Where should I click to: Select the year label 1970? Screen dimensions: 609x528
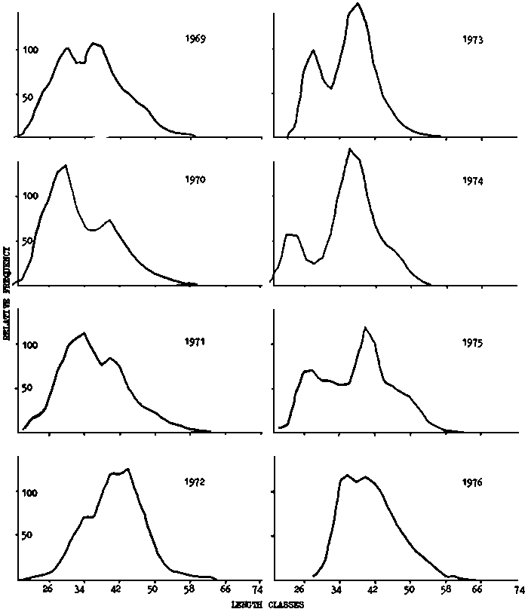coord(195,180)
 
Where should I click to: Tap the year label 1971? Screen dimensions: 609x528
coord(195,341)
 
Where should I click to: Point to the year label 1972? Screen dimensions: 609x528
coord(195,482)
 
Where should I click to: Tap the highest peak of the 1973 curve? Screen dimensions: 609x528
coord(358,4)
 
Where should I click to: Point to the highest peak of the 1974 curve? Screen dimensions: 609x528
coord(349,149)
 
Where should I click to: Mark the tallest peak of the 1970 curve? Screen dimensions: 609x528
coord(66,165)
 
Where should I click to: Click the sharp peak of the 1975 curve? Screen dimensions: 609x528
coord(365,327)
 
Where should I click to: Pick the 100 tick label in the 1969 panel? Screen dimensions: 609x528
coord(8,50)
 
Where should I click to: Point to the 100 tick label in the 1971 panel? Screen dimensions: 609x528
coord(8,345)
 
